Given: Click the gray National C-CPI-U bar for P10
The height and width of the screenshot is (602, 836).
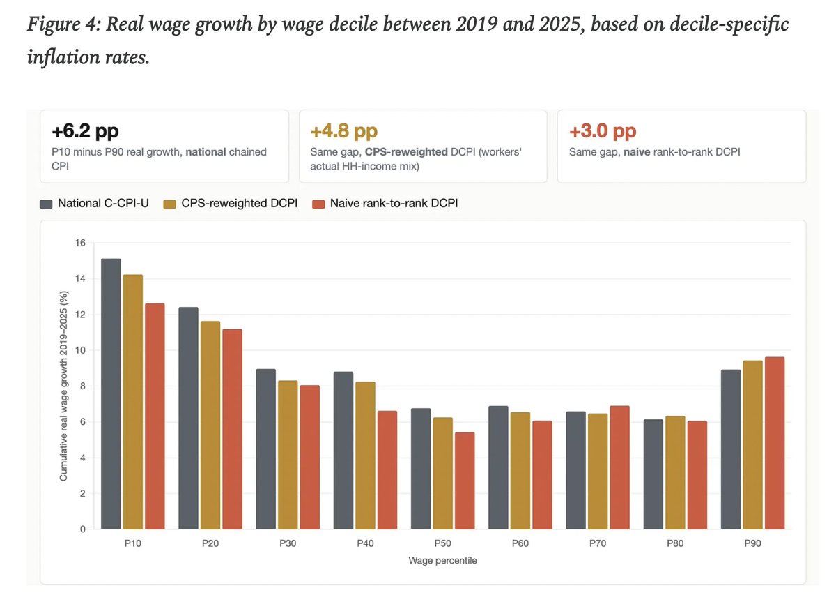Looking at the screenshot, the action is click(x=111, y=394).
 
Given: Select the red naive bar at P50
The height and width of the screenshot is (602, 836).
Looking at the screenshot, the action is click(x=465, y=481).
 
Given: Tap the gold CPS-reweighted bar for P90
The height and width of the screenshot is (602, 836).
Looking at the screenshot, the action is click(x=752, y=444).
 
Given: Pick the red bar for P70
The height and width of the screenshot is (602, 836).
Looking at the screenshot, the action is click(x=619, y=467).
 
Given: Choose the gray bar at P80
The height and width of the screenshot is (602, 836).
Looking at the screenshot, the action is click(x=653, y=474).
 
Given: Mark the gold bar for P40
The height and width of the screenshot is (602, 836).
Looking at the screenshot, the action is click(x=365, y=456).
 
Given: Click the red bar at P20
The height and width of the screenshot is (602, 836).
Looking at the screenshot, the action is click(x=232, y=429).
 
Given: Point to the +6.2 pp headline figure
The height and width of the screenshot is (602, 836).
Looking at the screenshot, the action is click(x=85, y=131).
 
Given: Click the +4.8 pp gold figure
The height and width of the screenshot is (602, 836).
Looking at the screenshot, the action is click(x=343, y=131).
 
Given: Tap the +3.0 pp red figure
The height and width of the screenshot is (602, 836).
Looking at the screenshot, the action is click(x=603, y=131).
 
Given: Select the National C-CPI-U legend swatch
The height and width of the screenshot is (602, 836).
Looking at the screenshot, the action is click(x=46, y=204).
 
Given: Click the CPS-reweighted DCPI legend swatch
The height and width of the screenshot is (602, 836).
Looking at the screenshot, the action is click(x=169, y=204).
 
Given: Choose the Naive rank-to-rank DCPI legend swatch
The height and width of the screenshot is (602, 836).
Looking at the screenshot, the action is click(x=318, y=204).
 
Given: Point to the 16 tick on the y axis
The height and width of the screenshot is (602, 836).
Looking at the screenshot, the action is click(x=80, y=243).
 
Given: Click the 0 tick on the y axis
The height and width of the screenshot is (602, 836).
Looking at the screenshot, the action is click(x=83, y=529).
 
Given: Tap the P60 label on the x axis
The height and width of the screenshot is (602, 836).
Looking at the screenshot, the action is click(x=520, y=543).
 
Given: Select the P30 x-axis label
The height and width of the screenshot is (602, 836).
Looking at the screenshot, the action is click(x=288, y=543).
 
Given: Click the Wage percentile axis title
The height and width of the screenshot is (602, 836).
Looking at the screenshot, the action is click(x=442, y=561).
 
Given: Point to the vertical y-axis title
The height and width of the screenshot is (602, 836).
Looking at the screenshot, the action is click(x=63, y=386).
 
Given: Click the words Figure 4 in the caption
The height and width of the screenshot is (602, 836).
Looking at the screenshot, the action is click(x=64, y=24).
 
